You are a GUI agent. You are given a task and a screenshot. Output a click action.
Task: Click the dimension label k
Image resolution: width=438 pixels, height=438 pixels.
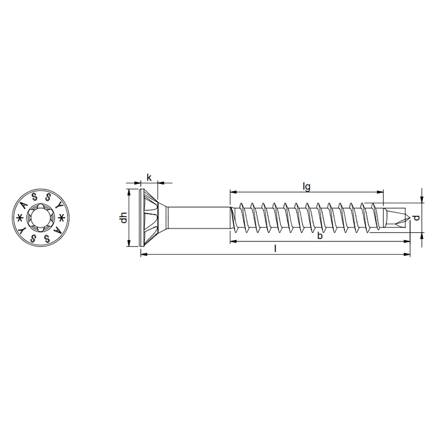click(x=149, y=177)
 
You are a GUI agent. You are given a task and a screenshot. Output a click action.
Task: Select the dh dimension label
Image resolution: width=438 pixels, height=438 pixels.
click(x=124, y=217)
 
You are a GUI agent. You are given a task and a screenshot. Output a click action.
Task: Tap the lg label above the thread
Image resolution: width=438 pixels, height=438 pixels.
click(x=307, y=187)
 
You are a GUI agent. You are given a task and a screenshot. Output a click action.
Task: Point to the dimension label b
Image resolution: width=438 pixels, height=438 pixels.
click(x=320, y=236)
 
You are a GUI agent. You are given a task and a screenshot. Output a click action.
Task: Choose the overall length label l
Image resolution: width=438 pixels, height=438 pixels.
click(x=276, y=249)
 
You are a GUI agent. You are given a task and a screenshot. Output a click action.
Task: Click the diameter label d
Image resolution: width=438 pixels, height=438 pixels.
click(x=416, y=217)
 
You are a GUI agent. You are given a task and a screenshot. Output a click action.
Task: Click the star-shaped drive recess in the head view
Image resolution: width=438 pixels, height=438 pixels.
click(x=41, y=217)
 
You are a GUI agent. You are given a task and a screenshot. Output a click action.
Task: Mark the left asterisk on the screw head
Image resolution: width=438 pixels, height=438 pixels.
click(x=20, y=217)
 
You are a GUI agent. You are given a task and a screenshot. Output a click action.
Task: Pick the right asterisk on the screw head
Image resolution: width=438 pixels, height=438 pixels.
click(x=62, y=217)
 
